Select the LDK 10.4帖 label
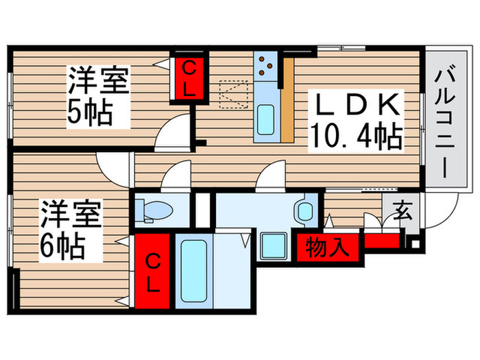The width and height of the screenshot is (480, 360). tap(355, 121)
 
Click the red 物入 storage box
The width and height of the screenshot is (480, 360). tap(320, 245)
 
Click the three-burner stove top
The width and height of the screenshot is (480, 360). tap(266, 67)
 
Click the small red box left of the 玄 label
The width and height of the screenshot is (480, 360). tap(381, 241)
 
